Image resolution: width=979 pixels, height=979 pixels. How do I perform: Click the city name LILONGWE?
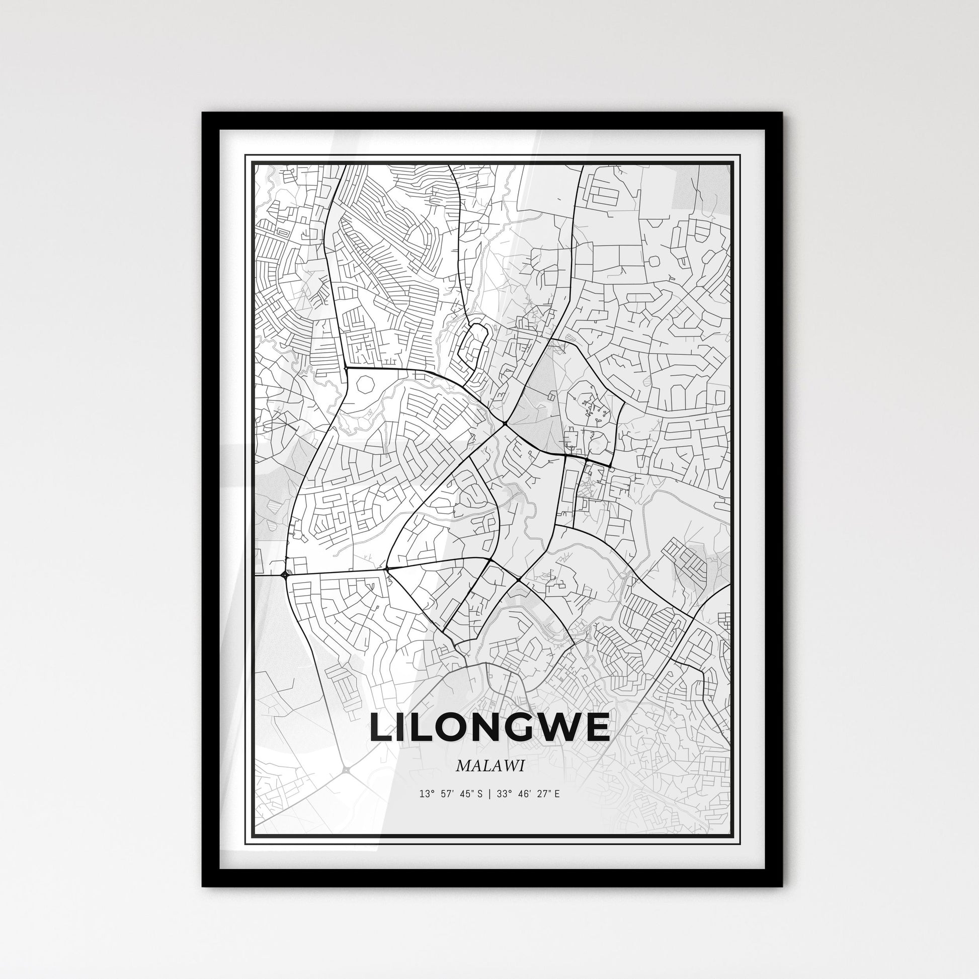coord(489,727)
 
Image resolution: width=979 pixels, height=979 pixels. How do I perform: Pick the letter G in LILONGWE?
coord(522,727)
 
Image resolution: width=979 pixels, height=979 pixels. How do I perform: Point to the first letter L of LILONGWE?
coord(380,727)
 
